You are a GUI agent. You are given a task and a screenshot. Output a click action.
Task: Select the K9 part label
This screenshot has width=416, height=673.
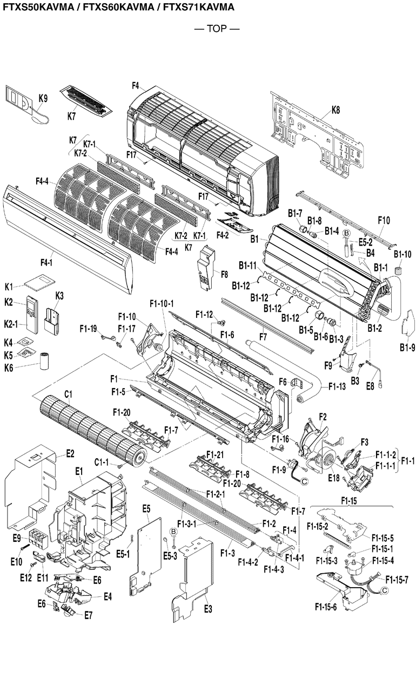pos(43,98)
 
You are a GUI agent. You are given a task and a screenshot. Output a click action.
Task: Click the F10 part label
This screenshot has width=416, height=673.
pos(384,220)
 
